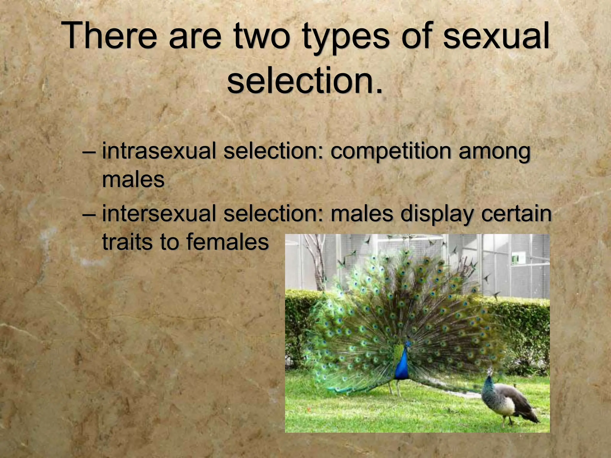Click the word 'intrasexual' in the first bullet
[x=159, y=151]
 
